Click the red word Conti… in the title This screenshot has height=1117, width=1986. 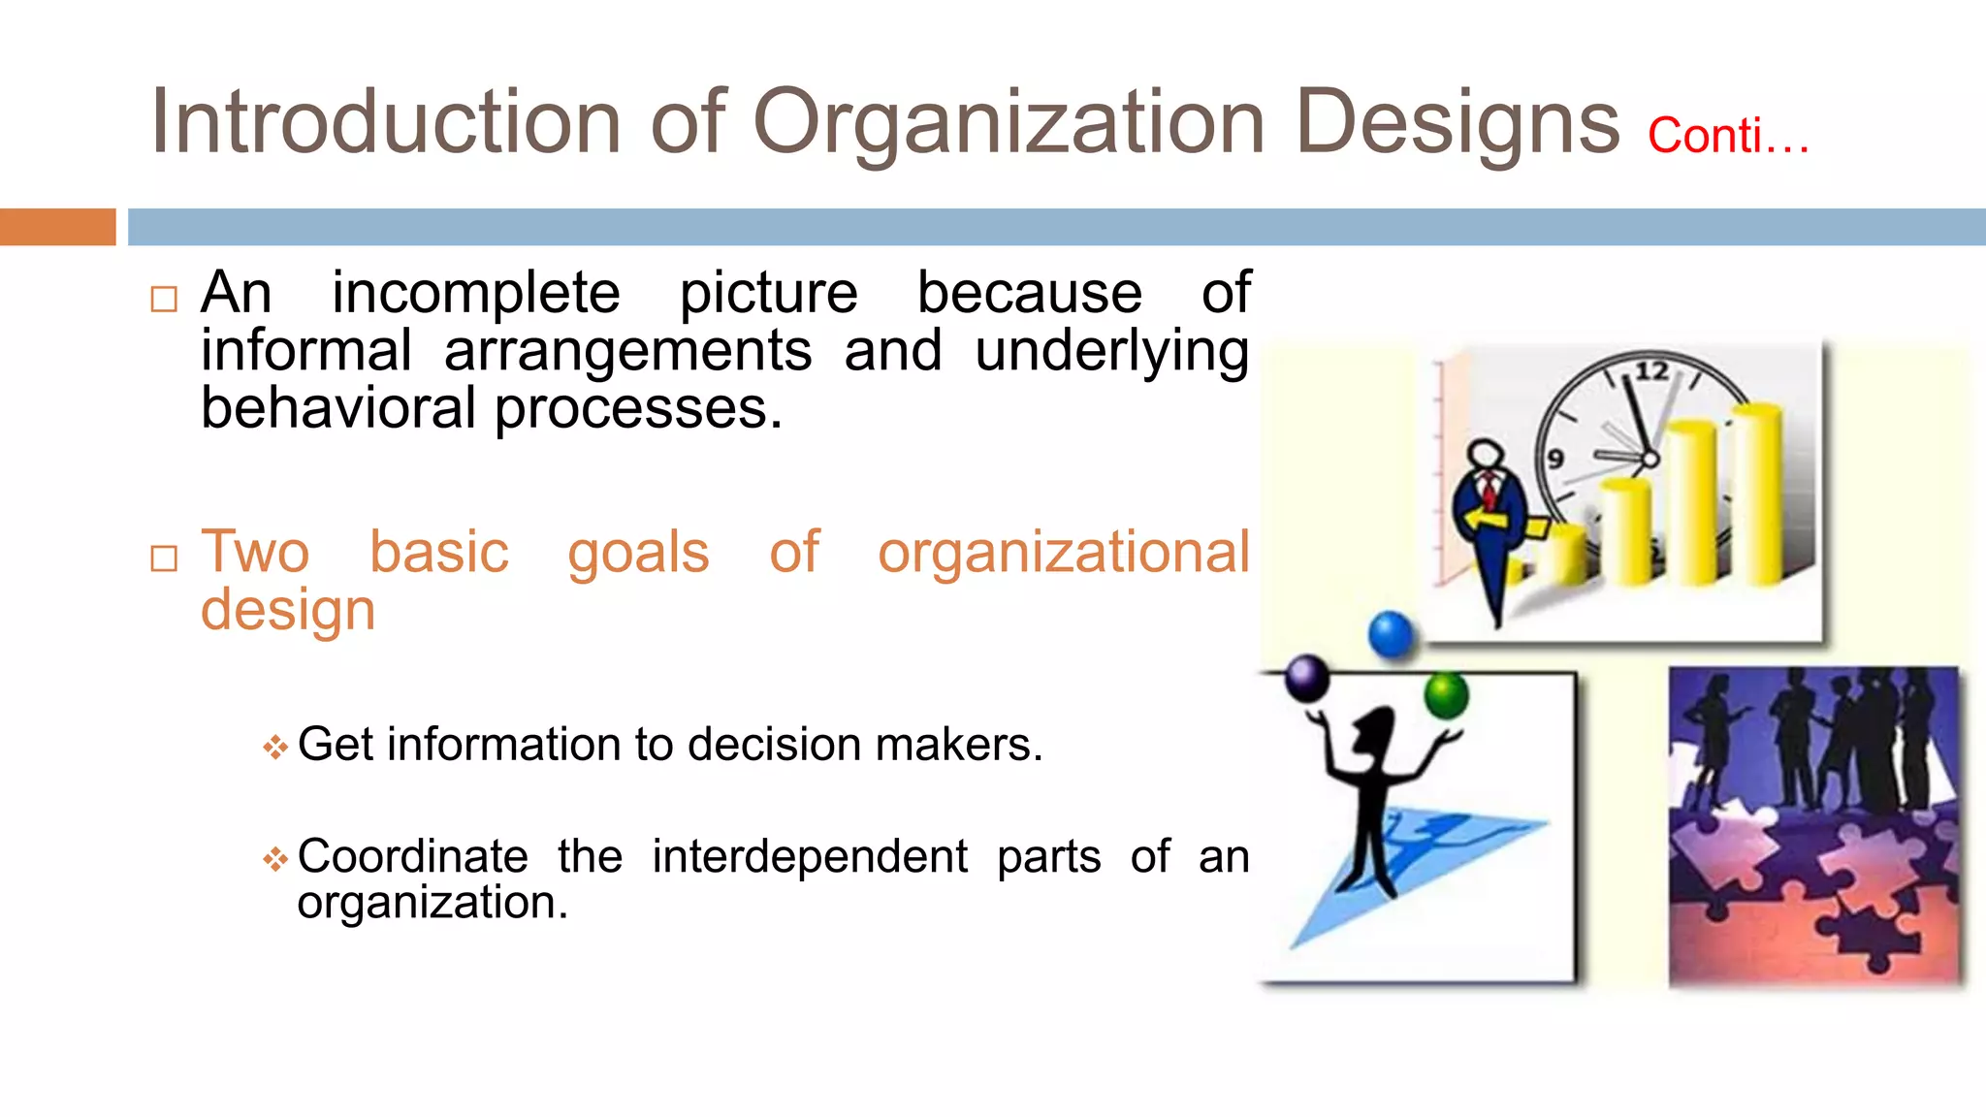point(1728,136)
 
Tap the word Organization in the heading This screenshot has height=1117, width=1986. point(1009,124)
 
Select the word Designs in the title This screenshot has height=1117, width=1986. point(1457,124)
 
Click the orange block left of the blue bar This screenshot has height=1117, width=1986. point(57,227)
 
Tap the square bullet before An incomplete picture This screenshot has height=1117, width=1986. point(164,299)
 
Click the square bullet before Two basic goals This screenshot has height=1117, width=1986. point(164,558)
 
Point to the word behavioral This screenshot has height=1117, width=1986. point(337,408)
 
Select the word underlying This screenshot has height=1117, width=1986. point(1111,351)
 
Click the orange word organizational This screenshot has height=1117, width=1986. point(1063,553)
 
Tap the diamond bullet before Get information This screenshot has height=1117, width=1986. point(275,748)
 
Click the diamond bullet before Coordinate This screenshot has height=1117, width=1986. point(275,859)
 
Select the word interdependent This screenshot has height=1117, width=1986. point(809,857)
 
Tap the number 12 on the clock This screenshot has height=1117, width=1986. point(1651,371)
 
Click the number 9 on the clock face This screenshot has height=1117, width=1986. point(1555,459)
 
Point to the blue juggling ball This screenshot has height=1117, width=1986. point(1392,635)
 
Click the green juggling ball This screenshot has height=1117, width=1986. point(1446,694)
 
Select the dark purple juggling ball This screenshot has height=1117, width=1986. point(1306,678)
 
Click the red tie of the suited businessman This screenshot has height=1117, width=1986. point(1489,490)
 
